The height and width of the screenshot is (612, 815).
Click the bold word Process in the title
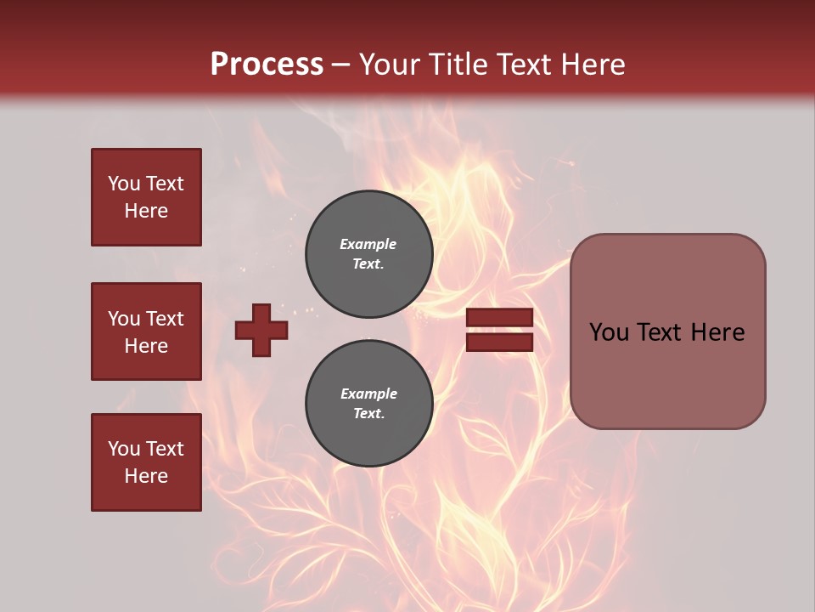click(x=267, y=65)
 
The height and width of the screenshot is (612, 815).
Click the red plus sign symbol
click(x=261, y=330)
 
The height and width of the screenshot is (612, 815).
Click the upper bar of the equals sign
click(x=499, y=317)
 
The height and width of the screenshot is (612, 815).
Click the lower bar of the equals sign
click(x=499, y=342)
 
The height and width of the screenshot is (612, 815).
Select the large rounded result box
click(x=667, y=374)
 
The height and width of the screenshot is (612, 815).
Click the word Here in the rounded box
click(x=717, y=332)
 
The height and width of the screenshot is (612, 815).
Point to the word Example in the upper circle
click(x=368, y=244)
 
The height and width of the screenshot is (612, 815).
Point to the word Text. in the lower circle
click(x=368, y=414)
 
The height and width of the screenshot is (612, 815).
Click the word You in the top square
click(x=124, y=184)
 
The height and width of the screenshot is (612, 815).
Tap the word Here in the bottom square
click(x=146, y=476)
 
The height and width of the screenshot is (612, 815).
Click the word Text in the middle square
click(x=165, y=319)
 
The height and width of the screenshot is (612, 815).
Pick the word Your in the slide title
click(x=391, y=65)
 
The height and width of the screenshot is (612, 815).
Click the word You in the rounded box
click(x=609, y=332)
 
